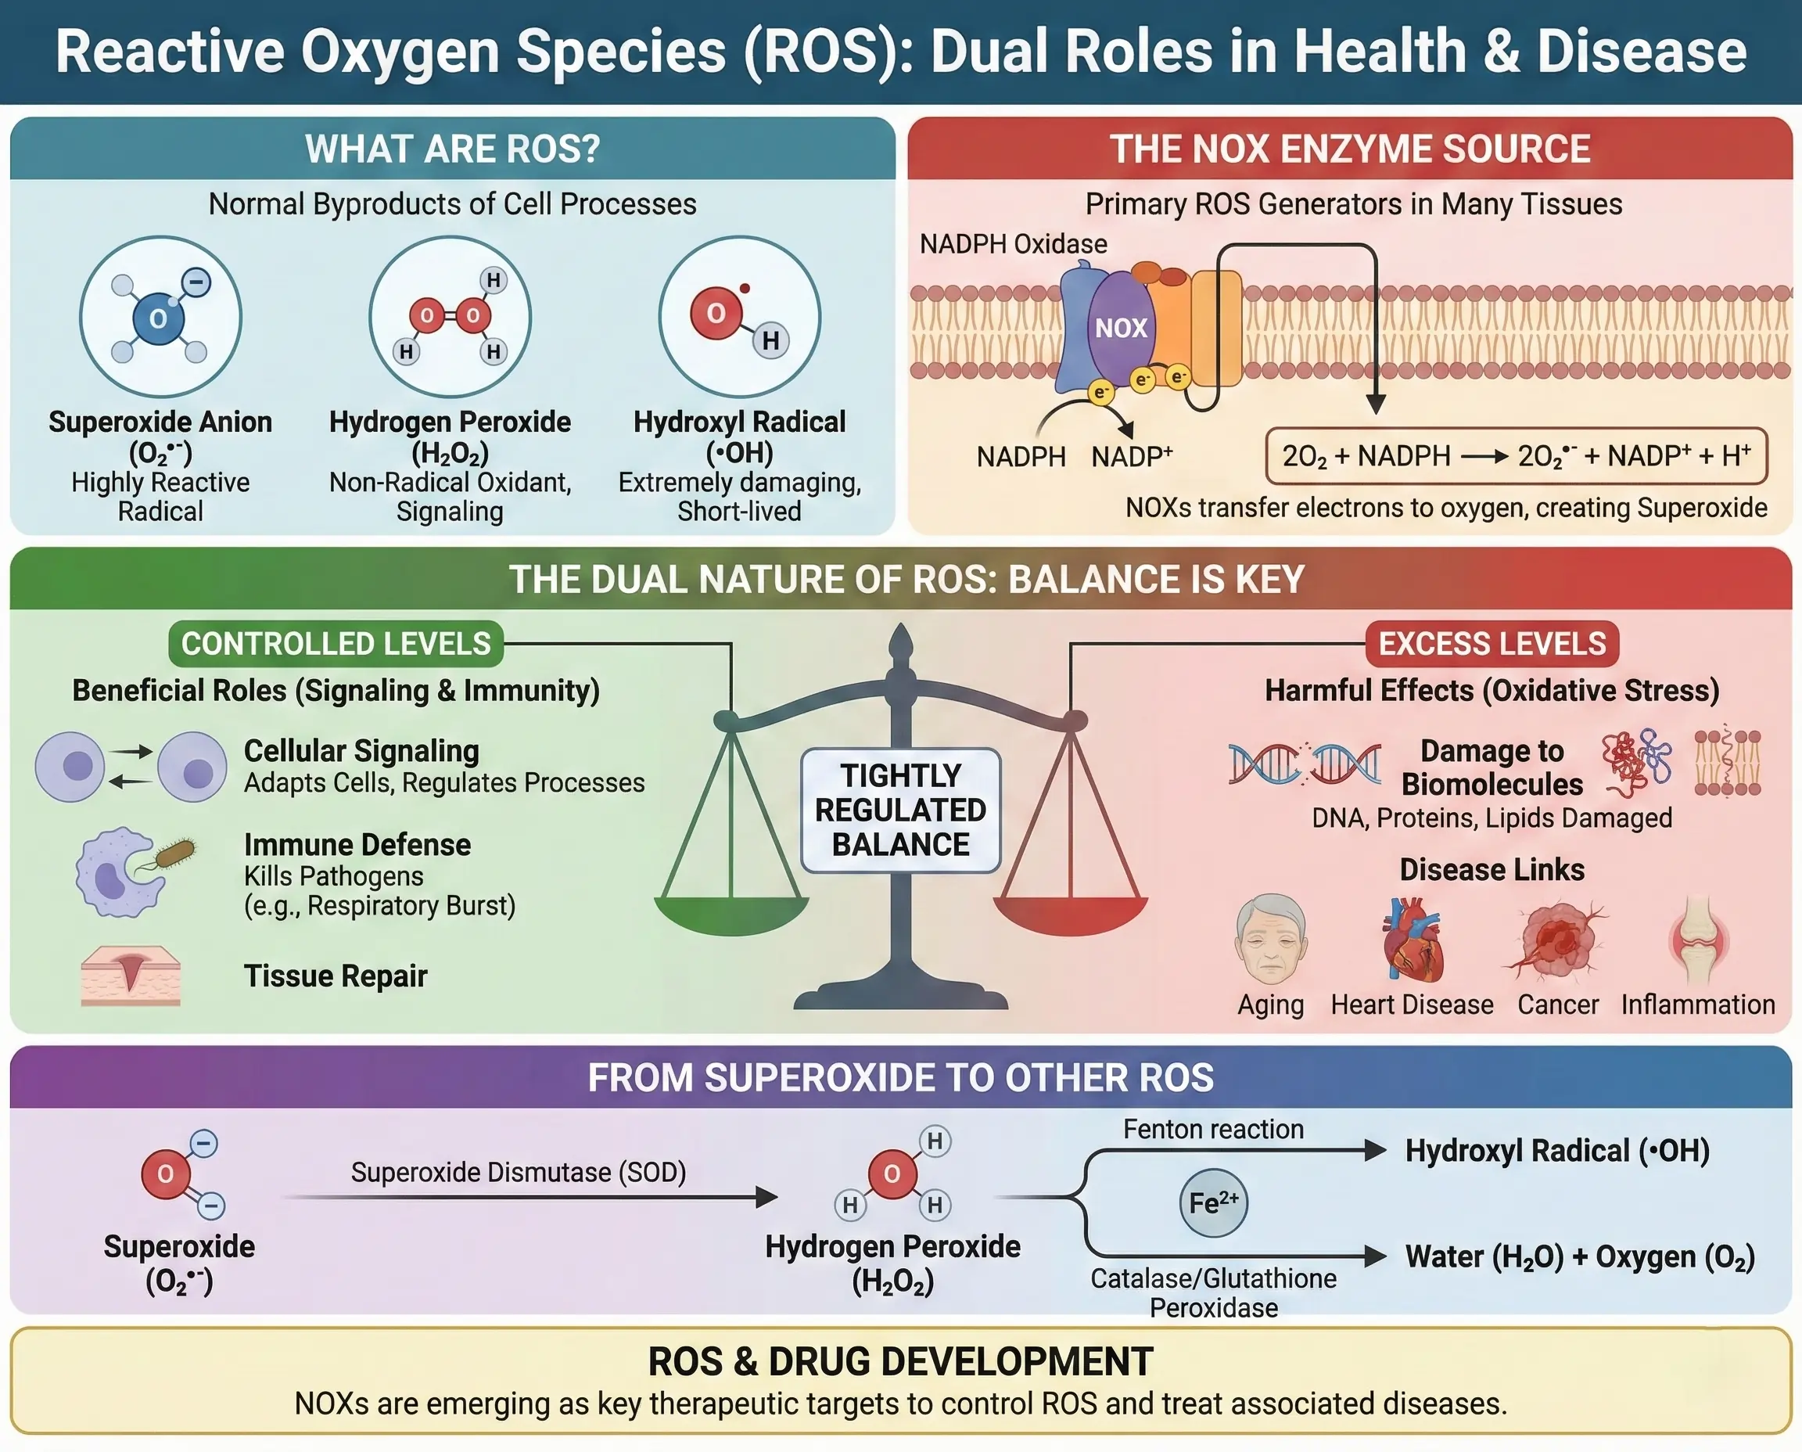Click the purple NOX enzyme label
pyautogui.click(x=1121, y=328)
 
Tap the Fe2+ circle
pyautogui.click(x=1213, y=1203)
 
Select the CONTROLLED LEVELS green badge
pyautogui.click(x=336, y=643)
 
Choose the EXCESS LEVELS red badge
pyautogui.click(x=1491, y=643)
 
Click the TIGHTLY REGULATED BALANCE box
pyautogui.click(x=900, y=810)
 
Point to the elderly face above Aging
pyautogui.click(x=1271, y=939)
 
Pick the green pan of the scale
pyautogui.click(x=731, y=916)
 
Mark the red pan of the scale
pyautogui.click(x=1071, y=916)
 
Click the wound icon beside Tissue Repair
pyautogui.click(x=131, y=975)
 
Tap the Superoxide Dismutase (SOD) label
pyautogui.click(x=519, y=1173)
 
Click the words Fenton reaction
pyautogui.click(x=1213, y=1129)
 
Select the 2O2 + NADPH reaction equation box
pyautogui.click(x=1516, y=456)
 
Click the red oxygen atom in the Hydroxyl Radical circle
pyautogui.click(x=716, y=314)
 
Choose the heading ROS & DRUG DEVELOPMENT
pyautogui.click(x=900, y=1362)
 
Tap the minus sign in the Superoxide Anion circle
pyautogui.click(x=197, y=282)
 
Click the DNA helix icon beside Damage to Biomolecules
pyautogui.click(x=1305, y=763)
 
